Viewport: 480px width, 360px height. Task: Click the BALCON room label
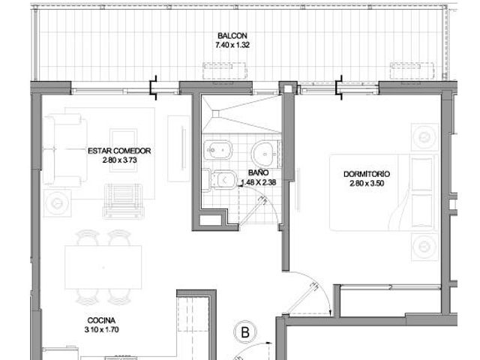232,36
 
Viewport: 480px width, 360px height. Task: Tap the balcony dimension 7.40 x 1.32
232,45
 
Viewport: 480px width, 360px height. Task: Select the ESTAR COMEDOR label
119,151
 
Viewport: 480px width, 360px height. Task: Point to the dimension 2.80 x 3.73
120,160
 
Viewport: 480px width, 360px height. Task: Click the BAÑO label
258,173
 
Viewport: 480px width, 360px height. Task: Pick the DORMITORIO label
367,174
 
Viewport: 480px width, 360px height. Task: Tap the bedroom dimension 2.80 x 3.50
367,183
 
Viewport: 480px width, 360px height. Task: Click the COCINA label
101,320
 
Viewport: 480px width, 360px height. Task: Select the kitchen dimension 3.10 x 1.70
102,330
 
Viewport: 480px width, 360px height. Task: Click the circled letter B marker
245,332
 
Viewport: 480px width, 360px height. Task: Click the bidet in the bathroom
217,150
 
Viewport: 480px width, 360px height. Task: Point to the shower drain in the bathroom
216,114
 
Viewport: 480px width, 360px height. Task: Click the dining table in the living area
103,267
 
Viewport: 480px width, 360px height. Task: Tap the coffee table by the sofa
123,150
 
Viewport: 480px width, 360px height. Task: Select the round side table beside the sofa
57,203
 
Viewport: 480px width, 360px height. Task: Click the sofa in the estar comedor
65,150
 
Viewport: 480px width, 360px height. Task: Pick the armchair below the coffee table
123,201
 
